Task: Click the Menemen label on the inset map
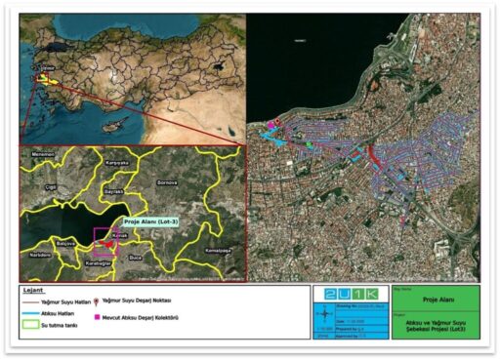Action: (42, 154)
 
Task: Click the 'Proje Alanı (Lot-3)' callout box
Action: (154, 222)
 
